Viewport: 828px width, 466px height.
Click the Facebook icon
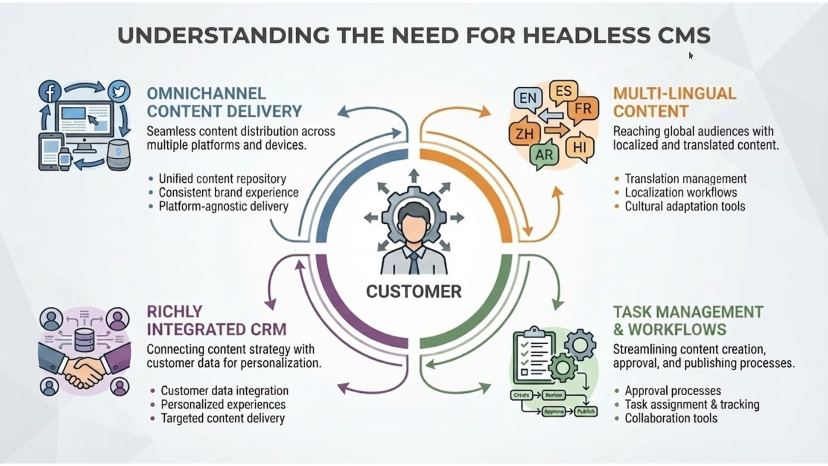coord(50,91)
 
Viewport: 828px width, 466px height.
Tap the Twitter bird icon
coord(119,91)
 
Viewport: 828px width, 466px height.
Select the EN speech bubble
coord(528,98)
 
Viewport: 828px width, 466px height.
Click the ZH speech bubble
coord(524,133)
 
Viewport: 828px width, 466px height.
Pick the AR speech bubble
coord(544,154)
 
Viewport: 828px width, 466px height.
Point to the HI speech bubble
coord(579,148)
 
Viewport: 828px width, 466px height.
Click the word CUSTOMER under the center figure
coord(414,292)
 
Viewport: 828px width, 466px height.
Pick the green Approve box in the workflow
coord(554,412)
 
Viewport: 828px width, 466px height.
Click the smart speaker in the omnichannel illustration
coord(118,155)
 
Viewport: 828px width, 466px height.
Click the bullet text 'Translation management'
coord(686,179)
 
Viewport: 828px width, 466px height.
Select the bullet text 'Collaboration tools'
coord(671,418)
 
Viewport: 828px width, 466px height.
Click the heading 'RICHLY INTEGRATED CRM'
coord(216,321)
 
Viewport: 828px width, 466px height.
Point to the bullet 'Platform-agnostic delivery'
coord(223,206)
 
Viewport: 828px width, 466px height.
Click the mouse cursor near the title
coord(690,55)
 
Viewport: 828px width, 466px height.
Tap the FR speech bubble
coord(583,108)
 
